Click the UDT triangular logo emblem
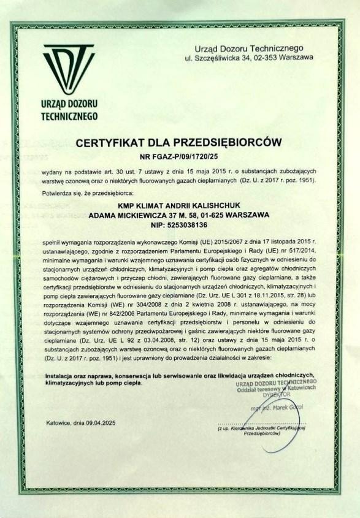[x=69, y=68]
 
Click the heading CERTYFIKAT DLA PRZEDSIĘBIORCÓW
[x=178, y=143]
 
